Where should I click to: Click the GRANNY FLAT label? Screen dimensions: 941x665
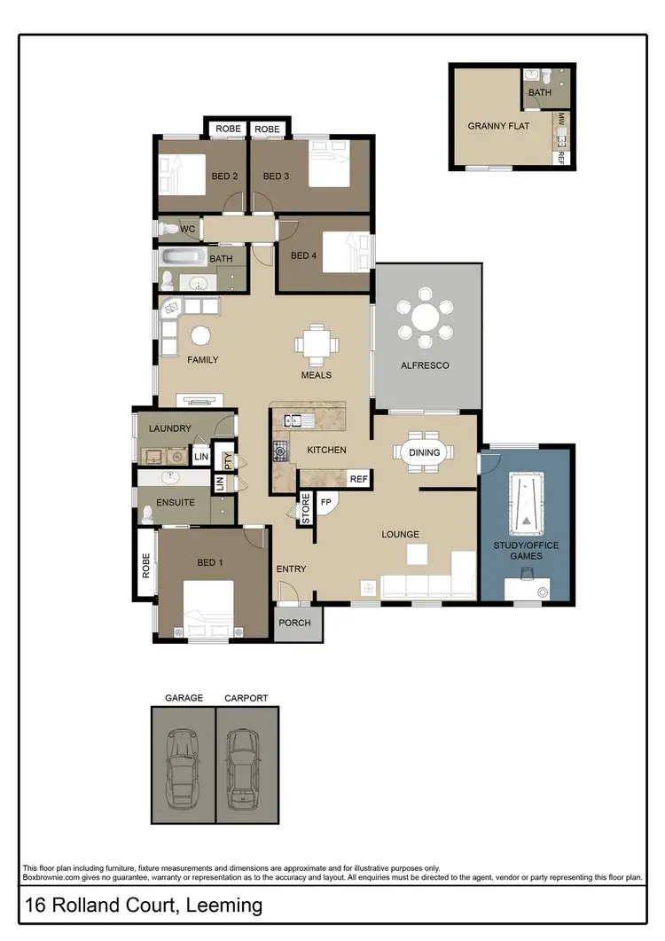point(498,126)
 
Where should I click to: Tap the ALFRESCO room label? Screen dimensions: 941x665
point(426,365)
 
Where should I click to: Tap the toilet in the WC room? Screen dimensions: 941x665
point(169,230)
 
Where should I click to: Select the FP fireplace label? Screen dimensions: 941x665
point(325,501)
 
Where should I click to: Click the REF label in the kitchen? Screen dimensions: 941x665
point(358,479)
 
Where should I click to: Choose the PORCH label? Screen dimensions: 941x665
point(294,623)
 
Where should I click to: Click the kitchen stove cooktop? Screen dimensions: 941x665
point(282,451)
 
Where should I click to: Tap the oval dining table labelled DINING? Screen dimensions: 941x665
point(424,452)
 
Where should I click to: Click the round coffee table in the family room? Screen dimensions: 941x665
point(201,335)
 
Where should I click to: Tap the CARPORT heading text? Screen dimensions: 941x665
point(246,698)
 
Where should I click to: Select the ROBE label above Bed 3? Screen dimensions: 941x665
point(267,129)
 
